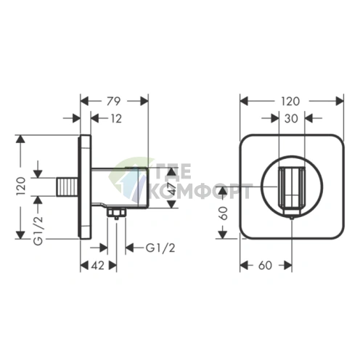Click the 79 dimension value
113,101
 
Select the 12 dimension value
116,118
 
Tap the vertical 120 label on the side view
21,187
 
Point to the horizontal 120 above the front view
290,101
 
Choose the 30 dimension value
291,118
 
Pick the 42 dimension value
98,266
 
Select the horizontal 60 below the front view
266,266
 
